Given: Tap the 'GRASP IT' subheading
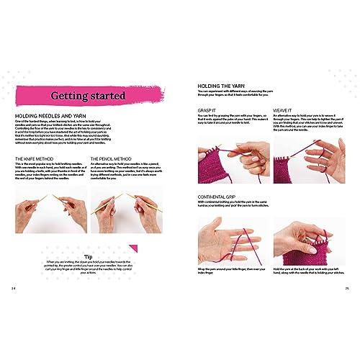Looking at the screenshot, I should click(207, 110).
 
